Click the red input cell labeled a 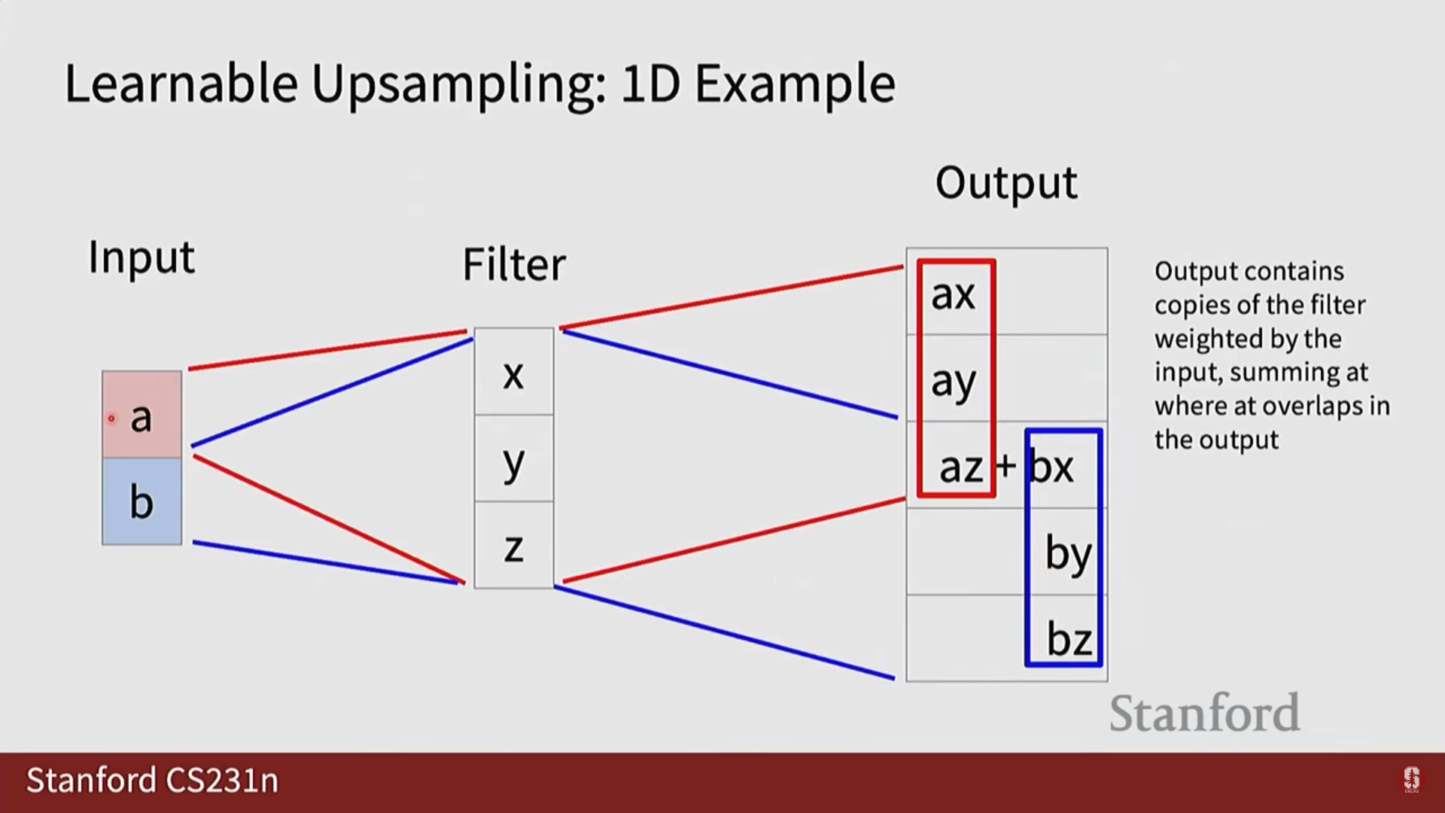coord(141,415)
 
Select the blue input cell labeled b coord(141,501)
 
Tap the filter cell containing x coord(513,373)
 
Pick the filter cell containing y coord(513,460)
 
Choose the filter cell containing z coord(513,547)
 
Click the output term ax coord(953,294)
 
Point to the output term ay coord(953,382)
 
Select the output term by coord(1067,554)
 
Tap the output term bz coord(1069,640)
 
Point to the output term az coord(960,467)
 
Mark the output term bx coord(1051,467)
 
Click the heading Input coord(141,257)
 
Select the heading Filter coord(513,265)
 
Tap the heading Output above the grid coord(1006,183)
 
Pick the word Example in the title coord(795,84)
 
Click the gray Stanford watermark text coord(1204,713)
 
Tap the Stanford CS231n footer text coord(153,781)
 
